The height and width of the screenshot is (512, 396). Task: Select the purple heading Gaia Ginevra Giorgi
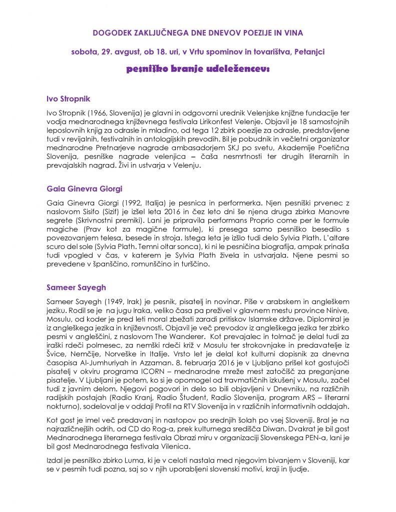[84, 188]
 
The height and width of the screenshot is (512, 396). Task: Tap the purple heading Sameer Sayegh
[76, 287]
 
